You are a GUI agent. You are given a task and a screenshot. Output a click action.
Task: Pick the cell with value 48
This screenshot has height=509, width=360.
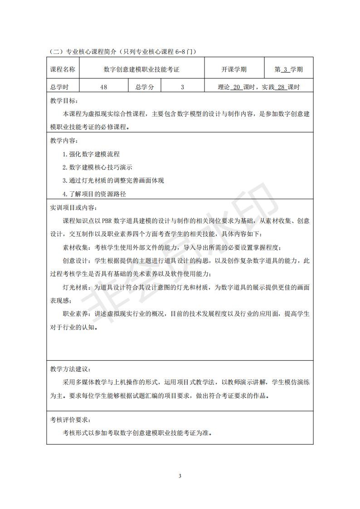[103, 87]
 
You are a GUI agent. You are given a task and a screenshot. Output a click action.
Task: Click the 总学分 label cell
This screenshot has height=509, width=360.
[144, 87]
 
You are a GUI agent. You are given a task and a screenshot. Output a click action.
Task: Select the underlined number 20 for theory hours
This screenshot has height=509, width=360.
[236, 87]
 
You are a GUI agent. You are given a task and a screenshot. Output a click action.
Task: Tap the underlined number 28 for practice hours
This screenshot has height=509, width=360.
[281, 87]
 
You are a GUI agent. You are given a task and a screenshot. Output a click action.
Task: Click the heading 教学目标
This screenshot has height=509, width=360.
[64, 102]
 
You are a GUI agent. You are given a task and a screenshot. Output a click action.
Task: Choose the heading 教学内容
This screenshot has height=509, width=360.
[64, 141]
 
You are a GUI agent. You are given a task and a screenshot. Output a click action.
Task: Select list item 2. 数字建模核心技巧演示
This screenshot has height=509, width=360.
[97, 167]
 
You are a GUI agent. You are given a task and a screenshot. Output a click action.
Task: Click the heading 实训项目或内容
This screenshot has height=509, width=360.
[73, 208]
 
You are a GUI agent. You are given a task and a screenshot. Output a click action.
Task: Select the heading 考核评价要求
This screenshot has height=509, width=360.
[70, 420]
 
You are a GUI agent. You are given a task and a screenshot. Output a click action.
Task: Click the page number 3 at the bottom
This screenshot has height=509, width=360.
[180, 475]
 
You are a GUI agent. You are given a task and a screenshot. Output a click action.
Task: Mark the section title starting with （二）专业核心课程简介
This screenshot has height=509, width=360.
[122, 52]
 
